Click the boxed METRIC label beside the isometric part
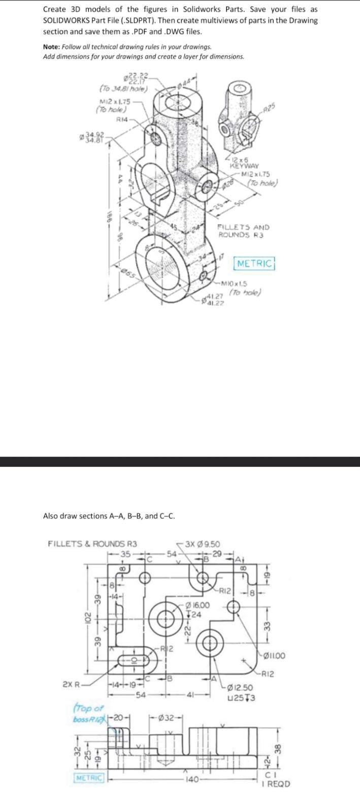point(255,263)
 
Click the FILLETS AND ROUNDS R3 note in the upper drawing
point(244,231)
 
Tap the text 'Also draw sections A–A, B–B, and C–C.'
point(109,516)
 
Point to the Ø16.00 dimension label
point(198,605)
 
